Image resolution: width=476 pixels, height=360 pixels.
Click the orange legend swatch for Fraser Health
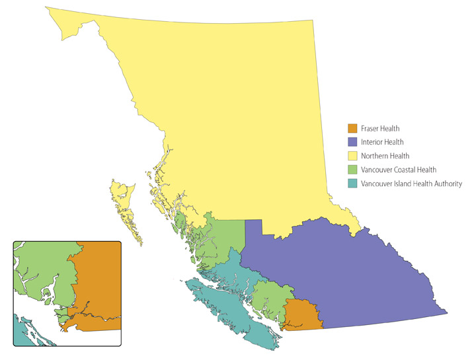[353, 128]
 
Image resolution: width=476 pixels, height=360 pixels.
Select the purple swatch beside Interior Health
[353, 142]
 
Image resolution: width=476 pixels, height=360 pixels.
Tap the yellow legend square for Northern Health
[353, 156]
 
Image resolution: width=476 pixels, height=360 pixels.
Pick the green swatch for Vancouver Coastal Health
[353, 170]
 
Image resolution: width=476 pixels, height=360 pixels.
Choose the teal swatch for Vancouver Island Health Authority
[353, 184]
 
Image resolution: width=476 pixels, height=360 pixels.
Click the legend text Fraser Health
[381, 128]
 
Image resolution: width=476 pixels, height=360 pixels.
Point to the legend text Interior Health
[383, 142]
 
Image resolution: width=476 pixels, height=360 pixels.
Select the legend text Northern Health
[385, 156]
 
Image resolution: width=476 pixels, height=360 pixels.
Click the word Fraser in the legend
[372, 128]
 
